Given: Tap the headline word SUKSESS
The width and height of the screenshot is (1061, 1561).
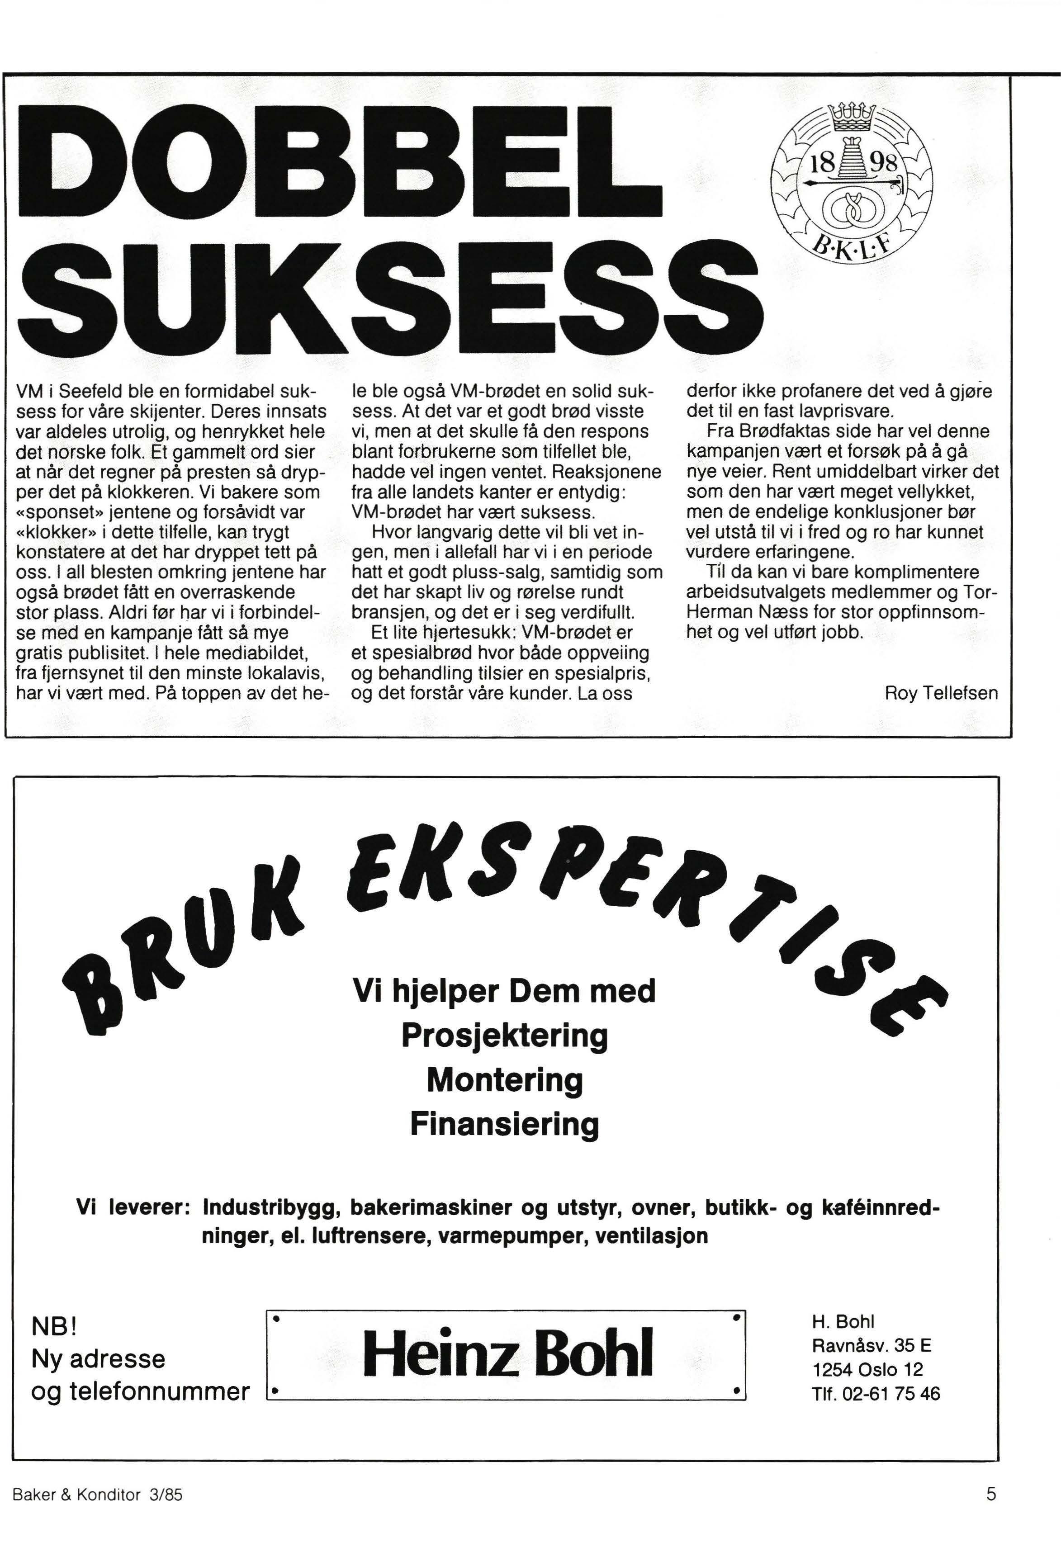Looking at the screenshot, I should click(x=390, y=293).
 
